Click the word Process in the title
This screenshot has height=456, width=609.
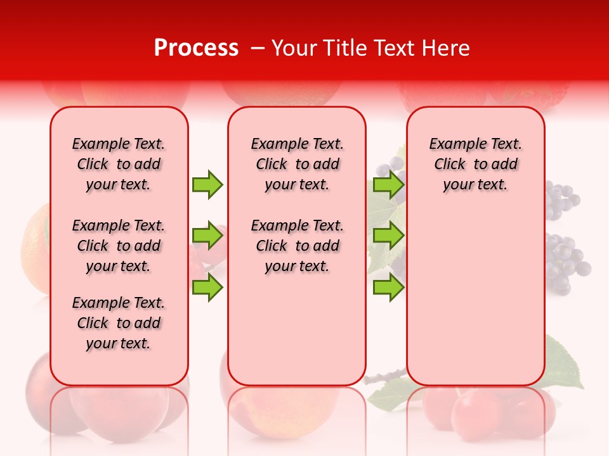point(196,48)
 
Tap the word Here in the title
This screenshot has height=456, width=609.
point(446,48)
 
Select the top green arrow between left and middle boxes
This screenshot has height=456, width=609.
point(207,184)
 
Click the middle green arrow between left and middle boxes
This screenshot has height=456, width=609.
point(207,236)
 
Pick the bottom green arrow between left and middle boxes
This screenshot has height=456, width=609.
point(207,288)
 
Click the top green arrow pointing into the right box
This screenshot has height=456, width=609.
point(388,184)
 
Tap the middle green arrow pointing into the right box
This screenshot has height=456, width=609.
point(388,236)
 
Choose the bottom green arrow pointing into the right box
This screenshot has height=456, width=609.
point(388,288)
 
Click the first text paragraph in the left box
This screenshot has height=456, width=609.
point(119,164)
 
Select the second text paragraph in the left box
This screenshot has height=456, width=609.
point(119,246)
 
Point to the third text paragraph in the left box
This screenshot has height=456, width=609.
point(119,323)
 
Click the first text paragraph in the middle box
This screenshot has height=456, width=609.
point(297,164)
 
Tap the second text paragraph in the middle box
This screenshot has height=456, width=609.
point(297,246)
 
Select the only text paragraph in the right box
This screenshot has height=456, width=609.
point(475,164)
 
